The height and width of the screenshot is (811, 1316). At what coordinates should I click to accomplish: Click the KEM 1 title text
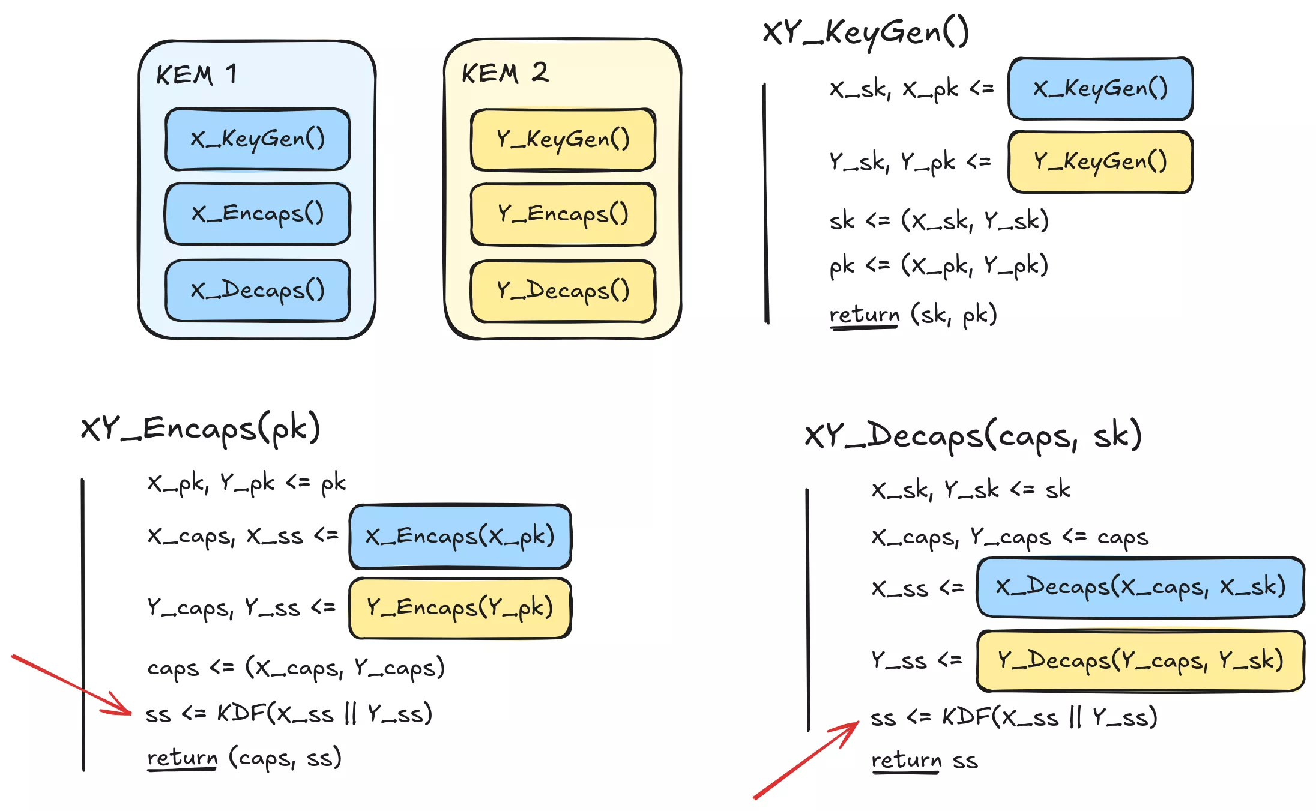196,75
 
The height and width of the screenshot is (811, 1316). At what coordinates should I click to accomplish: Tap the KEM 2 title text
504,73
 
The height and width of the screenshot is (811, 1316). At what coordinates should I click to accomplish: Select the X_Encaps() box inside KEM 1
258,214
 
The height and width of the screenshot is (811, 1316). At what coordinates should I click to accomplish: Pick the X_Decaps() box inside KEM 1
258,291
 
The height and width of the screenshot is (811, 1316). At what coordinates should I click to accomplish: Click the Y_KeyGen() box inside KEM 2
563,139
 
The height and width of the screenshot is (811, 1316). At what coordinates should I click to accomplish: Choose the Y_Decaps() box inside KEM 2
563,291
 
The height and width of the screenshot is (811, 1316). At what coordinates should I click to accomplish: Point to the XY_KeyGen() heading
865,32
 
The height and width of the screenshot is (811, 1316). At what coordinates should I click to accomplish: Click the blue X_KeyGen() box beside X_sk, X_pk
1100,89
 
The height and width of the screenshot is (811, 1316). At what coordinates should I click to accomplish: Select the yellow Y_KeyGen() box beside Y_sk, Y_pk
1100,162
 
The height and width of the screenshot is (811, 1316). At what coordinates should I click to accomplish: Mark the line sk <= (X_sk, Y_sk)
938,221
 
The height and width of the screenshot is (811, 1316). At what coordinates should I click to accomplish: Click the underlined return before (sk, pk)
864,314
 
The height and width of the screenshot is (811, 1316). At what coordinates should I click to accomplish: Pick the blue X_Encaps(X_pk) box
460,536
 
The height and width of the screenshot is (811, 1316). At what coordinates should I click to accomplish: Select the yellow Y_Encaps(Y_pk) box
460,607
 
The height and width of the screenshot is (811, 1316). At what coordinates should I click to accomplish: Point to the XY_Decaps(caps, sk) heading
973,435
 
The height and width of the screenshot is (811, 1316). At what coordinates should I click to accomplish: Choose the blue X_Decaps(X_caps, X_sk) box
1140,586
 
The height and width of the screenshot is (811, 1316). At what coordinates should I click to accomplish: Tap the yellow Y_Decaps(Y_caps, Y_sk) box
1140,660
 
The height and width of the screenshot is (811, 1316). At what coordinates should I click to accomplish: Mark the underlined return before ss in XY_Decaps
906,760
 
